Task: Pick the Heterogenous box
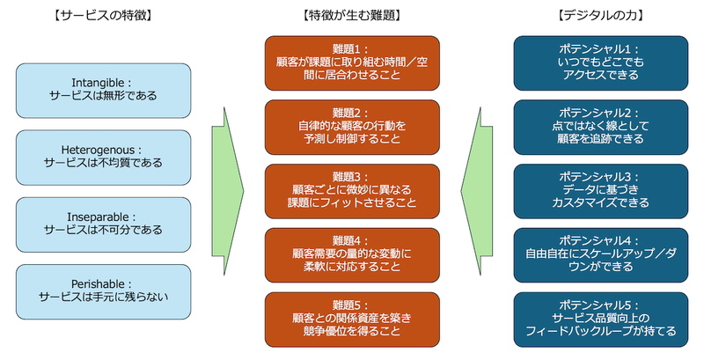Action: point(103,158)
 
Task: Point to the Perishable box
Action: point(103,291)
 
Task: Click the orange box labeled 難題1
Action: point(352,62)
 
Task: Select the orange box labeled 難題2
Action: point(352,127)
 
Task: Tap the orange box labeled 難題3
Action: point(352,191)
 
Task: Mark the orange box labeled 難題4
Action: point(352,254)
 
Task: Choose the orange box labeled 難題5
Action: point(352,319)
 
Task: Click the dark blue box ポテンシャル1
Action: point(600,62)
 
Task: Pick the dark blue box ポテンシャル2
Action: point(600,127)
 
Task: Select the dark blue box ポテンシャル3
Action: point(600,191)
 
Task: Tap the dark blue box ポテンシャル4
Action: point(600,254)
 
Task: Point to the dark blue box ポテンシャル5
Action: point(600,319)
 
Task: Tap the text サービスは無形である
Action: point(103,97)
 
